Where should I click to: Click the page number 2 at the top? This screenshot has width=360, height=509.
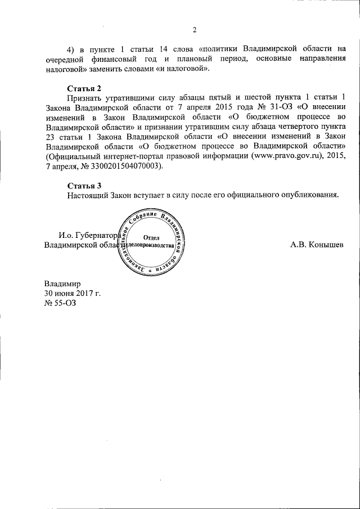coord(193,30)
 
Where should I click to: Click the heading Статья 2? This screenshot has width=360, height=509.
coord(84,88)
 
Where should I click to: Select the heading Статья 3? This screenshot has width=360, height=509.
coord(84,185)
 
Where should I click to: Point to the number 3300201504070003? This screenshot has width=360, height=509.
coord(123,166)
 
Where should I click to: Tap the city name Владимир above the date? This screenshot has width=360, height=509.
coord(63,283)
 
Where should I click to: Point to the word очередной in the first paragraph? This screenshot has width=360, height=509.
coord(67,58)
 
